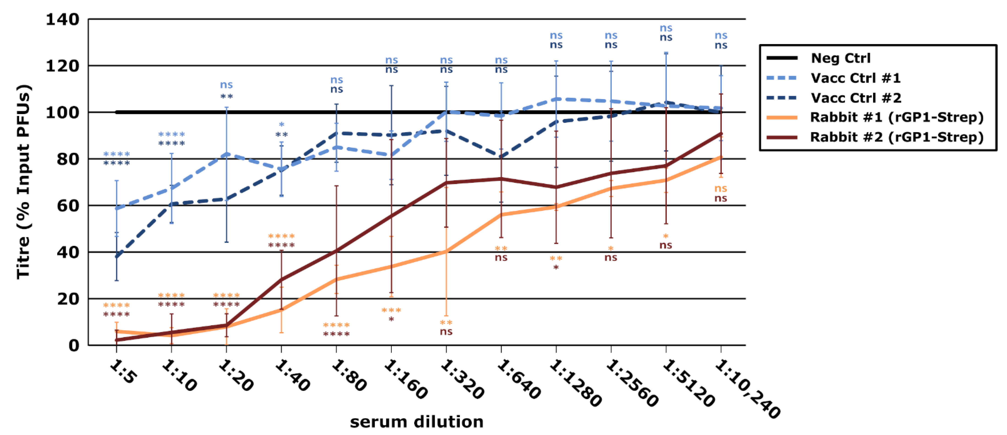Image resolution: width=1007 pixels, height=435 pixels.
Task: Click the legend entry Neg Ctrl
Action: (841, 58)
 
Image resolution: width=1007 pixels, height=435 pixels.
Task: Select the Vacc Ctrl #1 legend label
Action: (855, 78)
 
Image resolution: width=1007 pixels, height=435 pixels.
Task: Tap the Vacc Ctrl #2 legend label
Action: (856, 98)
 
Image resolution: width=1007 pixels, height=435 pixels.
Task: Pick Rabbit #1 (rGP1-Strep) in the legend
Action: (896, 117)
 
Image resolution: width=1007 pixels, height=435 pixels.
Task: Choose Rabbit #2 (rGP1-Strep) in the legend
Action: (896, 137)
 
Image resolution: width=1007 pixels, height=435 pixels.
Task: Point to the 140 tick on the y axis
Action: (63, 19)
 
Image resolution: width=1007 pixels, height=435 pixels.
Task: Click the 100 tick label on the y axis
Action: (63, 113)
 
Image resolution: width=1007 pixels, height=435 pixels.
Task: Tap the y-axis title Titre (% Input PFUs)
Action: (23, 182)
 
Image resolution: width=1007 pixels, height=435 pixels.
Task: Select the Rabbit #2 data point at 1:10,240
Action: (721, 134)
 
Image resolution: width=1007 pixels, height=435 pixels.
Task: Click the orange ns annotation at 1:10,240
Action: (721, 189)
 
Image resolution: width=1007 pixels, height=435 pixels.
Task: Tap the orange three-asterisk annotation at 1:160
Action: (391, 311)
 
